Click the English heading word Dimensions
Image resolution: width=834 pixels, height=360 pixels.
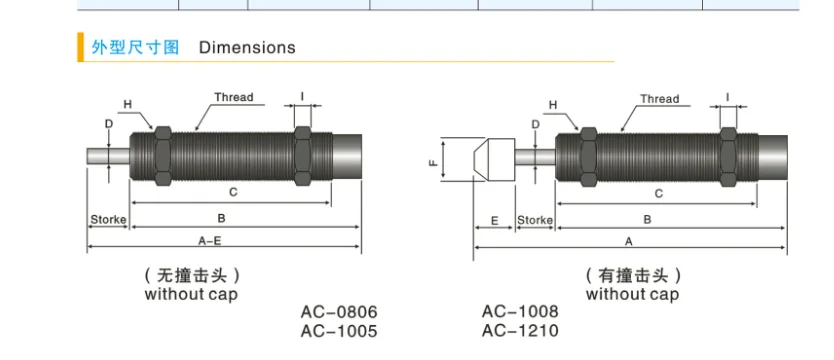(247, 47)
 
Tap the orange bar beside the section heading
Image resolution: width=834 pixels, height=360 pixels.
(80, 47)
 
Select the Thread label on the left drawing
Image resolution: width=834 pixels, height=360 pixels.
(233, 97)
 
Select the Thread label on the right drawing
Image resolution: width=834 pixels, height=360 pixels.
(660, 99)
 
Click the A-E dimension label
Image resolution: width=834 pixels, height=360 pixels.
(210, 241)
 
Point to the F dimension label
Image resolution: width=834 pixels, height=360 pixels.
(433, 160)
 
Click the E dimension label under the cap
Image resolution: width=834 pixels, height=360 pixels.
(494, 220)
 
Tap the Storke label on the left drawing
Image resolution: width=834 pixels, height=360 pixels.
(109, 220)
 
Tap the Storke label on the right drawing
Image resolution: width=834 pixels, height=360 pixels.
(535, 220)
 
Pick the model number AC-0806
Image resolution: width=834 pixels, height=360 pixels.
(339, 311)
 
